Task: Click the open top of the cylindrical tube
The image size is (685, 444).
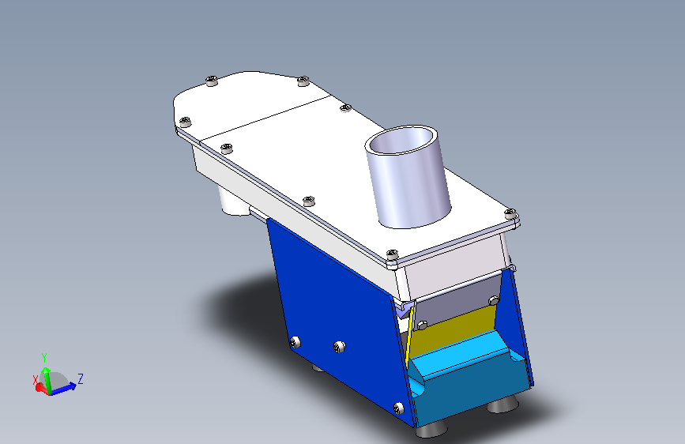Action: tap(401, 140)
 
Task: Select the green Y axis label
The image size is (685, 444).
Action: tap(43, 358)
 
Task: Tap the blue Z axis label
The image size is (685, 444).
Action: tap(81, 378)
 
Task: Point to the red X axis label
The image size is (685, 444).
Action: tap(36, 380)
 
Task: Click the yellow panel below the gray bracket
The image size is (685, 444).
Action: tap(450, 331)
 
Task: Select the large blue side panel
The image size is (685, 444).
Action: tap(337, 315)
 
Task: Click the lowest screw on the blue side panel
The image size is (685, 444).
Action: tap(398, 408)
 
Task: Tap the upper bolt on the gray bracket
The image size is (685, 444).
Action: tap(494, 300)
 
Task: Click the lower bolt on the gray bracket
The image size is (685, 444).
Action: tap(422, 325)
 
